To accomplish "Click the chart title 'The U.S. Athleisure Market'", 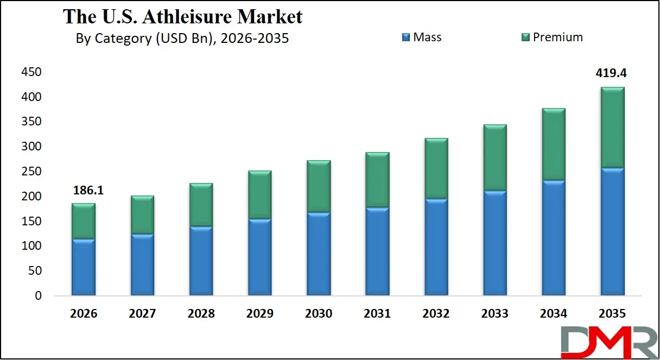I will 183,16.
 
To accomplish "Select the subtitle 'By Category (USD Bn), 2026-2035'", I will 182,39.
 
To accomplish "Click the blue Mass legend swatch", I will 405,37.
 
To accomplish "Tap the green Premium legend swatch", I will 525,37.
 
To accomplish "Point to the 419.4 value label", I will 612,73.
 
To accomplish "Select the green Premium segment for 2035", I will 612,127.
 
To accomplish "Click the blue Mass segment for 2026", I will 84,267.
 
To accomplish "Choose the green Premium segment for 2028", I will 201,205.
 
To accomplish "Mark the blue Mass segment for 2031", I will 377,251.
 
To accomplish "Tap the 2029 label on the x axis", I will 259,314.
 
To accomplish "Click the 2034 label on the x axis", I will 554,314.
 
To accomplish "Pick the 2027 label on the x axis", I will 142,314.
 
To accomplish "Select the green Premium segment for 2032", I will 436,169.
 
